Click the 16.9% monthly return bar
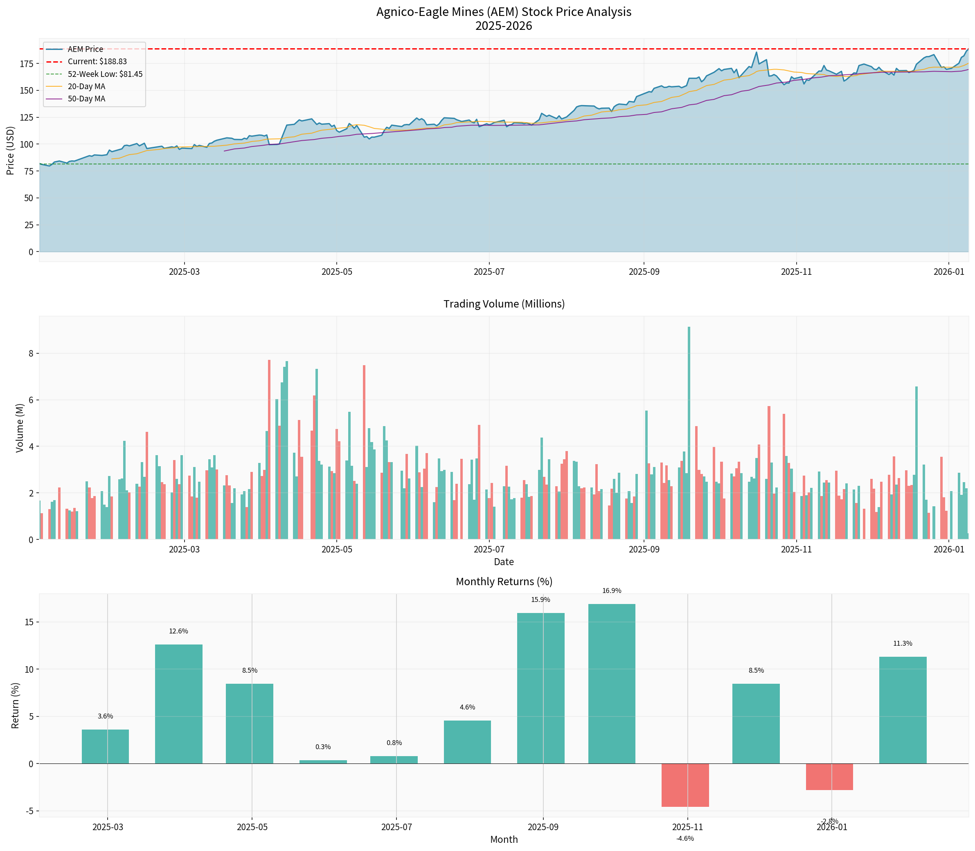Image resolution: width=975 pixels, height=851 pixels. [x=612, y=683]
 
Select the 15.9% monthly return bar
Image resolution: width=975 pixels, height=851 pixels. [x=541, y=688]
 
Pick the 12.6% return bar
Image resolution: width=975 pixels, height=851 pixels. [x=179, y=704]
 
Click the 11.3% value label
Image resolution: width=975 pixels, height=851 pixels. [x=902, y=644]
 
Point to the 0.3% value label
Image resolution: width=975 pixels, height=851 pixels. [x=323, y=747]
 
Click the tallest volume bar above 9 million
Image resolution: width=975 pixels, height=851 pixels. [x=689, y=433]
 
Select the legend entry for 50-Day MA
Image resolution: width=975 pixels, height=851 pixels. [x=86, y=99]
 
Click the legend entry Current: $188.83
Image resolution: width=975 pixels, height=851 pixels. [x=97, y=62]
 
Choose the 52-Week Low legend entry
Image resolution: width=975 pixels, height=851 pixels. [x=104, y=74]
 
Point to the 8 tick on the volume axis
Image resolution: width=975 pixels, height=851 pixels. [x=31, y=353]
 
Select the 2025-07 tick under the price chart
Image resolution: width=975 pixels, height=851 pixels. [x=489, y=272]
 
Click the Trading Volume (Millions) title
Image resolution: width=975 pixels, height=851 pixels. [x=504, y=304]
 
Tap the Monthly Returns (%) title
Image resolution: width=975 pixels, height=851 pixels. [x=504, y=582]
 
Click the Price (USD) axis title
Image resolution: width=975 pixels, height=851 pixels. [x=11, y=150]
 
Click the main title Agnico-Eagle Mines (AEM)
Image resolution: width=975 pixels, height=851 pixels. [x=504, y=12]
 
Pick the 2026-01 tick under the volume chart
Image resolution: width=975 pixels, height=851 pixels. [x=948, y=550]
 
